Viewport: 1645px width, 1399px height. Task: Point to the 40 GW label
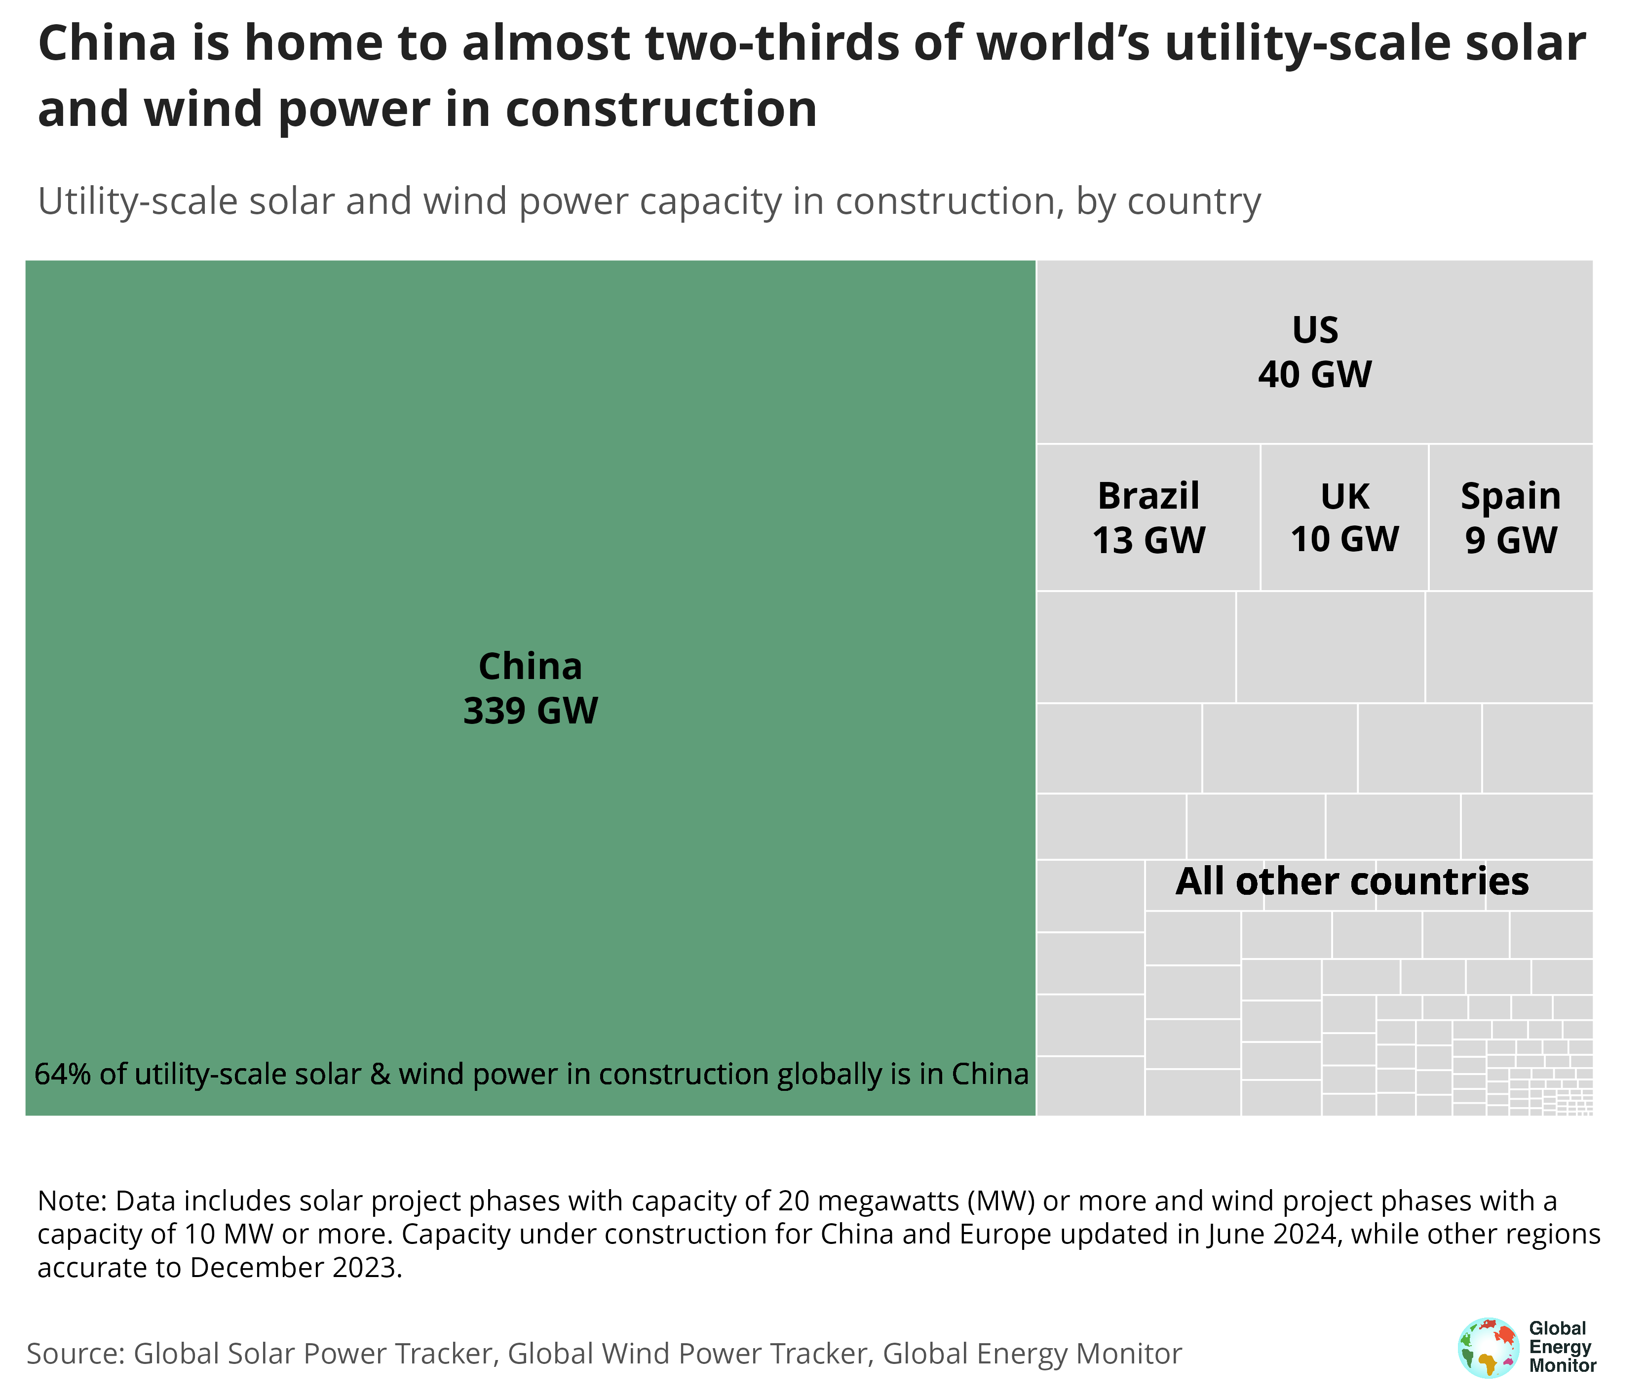click(1314, 374)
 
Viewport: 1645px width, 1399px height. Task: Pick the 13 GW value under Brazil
click(1148, 541)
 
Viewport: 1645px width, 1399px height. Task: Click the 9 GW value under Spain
click(1510, 541)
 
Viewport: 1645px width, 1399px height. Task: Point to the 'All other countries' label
click(1352, 881)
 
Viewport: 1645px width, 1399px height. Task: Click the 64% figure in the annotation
click(62, 1074)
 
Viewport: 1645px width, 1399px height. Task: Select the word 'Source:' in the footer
click(76, 1353)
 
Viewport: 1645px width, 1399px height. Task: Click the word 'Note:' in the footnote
click(72, 1200)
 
